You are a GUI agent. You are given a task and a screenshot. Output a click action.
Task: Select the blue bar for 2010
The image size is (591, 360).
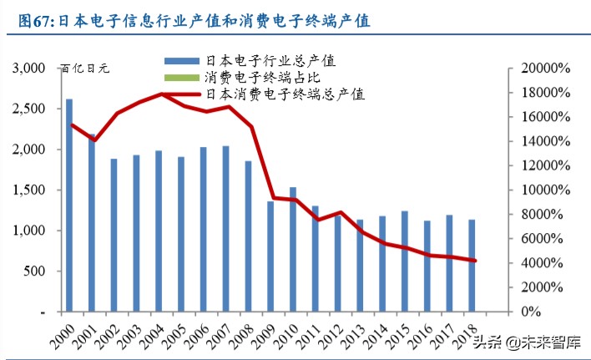tap(292, 250)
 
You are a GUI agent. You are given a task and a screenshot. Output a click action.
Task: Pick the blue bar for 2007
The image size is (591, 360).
tap(225, 229)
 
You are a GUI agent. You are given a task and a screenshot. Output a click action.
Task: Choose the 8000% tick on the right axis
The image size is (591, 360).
tap(546, 215)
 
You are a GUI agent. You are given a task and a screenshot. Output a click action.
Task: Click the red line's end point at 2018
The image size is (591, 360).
tap(476, 261)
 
